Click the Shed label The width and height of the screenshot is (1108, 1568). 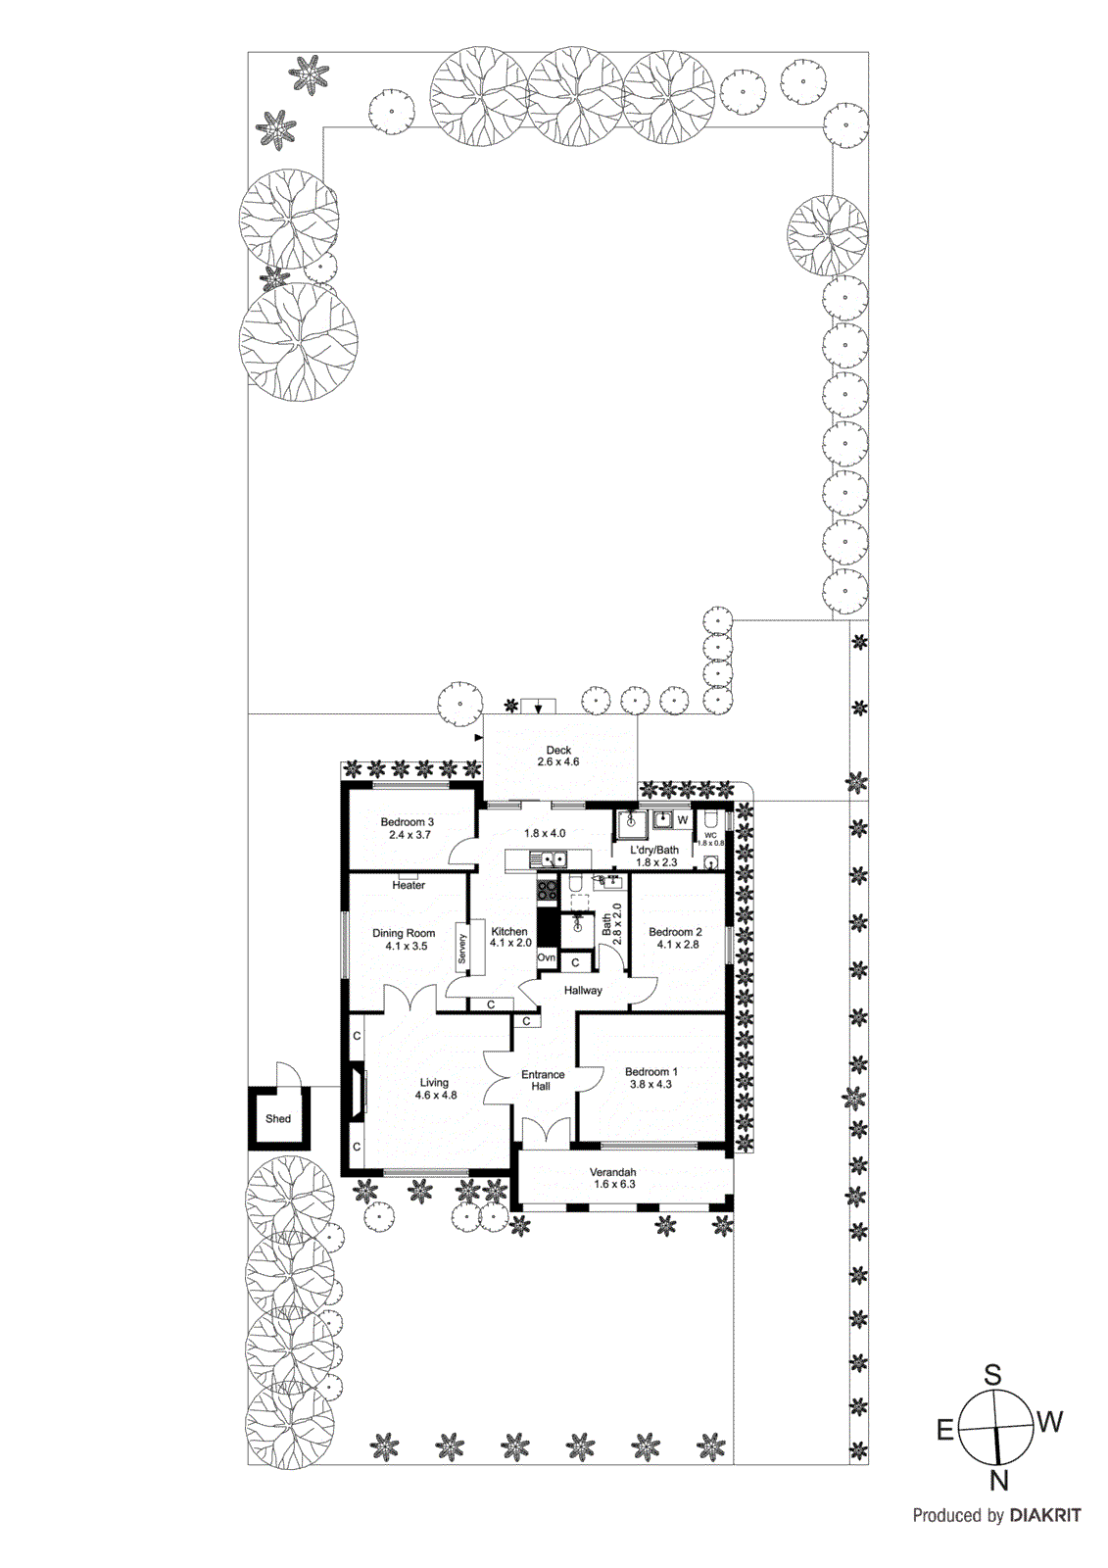(x=278, y=1118)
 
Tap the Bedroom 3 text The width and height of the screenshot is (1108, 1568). (x=407, y=822)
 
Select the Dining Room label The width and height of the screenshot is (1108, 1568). (x=404, y=933)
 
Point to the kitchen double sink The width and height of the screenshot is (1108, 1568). (x=550, y=860)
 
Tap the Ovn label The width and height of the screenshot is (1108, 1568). (x=547, y=957)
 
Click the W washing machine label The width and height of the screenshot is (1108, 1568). (x=683, y=819)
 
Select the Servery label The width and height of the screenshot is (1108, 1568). (x=462, y=949)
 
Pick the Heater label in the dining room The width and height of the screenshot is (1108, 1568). (x=409, y=885)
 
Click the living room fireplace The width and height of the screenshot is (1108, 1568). (x=355, y=1090)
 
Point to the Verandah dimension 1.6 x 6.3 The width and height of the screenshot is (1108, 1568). (x=613, y=1184)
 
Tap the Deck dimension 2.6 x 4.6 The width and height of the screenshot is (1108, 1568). (x=558, y=761)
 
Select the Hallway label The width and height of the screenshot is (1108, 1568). (x=583, y=990)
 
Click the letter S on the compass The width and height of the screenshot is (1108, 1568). (x=992, y=1375)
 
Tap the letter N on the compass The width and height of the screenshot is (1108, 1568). (x=998, y=1481)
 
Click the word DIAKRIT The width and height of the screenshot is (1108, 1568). (x=1044, y=1515)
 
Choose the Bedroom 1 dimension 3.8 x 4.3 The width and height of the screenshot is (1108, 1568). (x=650, y=1084)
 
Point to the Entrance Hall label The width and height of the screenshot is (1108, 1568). (x=542, y=1080)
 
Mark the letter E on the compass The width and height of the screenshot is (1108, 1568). (x=945, y=1431)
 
